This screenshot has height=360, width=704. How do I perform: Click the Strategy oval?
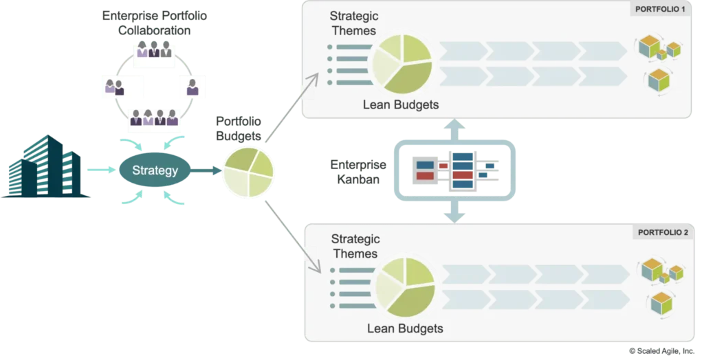pyautogui.click(x=155, y=170)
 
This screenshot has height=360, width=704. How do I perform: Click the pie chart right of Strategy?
pyautogui.click(x=248, y=172)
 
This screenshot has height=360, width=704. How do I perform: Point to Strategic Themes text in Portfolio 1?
pyautogui.click(x=353, y=23)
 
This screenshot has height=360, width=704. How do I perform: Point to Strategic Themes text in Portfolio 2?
pyautogui.click(x=355, y=246)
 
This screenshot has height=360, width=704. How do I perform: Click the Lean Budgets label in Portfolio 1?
pyautogui.click(x=401, y=104)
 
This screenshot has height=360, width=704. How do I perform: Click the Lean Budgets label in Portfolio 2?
pyautogui.click(x=405, y=328)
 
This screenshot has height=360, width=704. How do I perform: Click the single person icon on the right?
pyautogui.click(x=192, y=86)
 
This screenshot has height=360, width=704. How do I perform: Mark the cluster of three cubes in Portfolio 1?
pyautogui.click(x=659, y=49)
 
